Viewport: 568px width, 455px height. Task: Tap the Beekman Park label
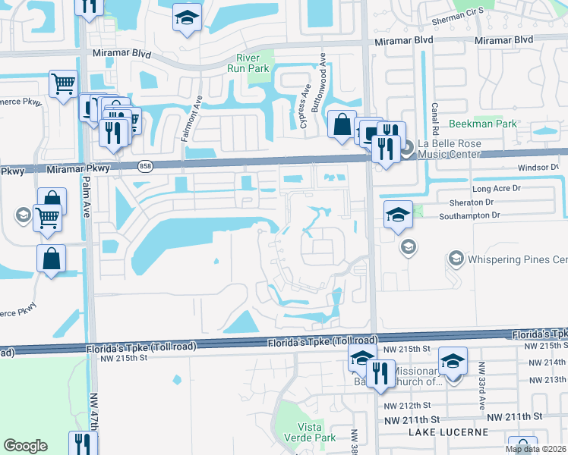[482, 124]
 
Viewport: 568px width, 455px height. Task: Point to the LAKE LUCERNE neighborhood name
[447, 432]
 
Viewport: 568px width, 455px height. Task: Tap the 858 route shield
[145, 165]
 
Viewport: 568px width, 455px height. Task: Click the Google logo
[25, 446]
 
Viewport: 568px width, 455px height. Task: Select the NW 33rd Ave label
[481, 387]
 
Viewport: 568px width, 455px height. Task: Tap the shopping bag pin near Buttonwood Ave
[342, 124]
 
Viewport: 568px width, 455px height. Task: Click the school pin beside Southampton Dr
[397, 214]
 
